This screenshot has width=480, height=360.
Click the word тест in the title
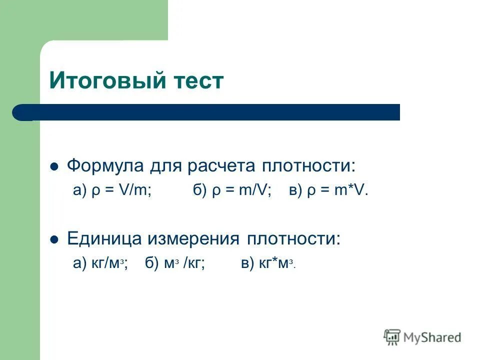point(197,80)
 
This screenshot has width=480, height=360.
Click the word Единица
point(104,238)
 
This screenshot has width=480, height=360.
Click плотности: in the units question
point(293,238)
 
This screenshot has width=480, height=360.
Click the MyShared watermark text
point(432,337)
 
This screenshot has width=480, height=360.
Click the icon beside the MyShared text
point(392,337)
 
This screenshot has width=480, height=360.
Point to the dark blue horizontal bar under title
point(210,112)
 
